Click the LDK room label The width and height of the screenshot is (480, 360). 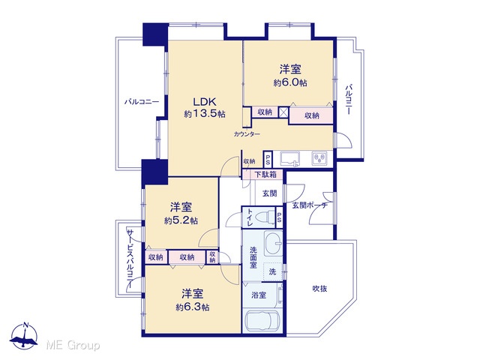click(205, 101)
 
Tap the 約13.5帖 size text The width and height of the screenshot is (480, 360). click(205, 114)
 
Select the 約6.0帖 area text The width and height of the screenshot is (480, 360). click(290, 82)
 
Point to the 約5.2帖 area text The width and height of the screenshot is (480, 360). click(181, 220)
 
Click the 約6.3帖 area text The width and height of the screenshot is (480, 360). click(193, 307)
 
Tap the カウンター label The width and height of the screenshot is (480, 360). click(247, 134)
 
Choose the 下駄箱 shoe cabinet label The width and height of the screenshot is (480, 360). click(265, 175)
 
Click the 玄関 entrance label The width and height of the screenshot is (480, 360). click(270, 193)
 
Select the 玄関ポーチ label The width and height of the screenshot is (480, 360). click(310, 205)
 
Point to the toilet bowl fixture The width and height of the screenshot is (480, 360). click(266, 217)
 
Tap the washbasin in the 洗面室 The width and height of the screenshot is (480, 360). click(273, 243)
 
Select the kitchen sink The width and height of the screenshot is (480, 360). click(290, 159)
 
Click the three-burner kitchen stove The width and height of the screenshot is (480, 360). click(319, 158)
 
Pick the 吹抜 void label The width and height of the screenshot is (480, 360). click(320, 288)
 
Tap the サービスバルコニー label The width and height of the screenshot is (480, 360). click(130, 259)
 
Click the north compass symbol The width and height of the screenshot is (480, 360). click(25, 336)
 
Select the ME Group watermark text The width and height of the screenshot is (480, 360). click(73, 345)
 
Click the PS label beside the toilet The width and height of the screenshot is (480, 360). click(279, 217)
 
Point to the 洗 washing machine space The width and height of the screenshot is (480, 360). click(272, 271)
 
